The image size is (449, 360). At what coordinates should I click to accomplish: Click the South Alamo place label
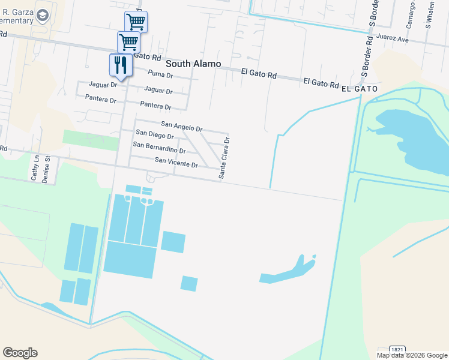[193, 63]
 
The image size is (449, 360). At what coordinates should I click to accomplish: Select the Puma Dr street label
[160, 75]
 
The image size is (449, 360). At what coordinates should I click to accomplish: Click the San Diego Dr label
[155, 136]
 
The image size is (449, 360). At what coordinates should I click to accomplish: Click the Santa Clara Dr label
[224, 158]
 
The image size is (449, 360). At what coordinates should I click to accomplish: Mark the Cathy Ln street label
[34, 168]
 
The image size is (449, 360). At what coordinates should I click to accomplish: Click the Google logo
[20, 353]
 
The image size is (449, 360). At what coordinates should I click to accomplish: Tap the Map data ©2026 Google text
[411, 355]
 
